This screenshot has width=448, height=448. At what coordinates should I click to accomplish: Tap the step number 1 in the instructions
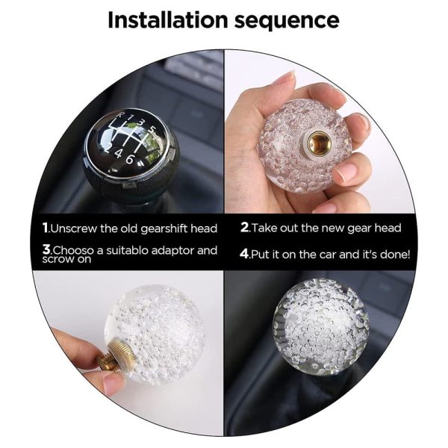[x=46, y=228]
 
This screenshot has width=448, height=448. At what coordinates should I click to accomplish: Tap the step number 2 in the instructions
[x=244, y=228]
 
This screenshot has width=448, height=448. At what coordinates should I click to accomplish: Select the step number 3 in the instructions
[x=46, y=250]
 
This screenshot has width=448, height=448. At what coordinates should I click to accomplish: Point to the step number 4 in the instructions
[x=244, y=254]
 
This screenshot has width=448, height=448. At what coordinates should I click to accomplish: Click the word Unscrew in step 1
[x=75, y=228]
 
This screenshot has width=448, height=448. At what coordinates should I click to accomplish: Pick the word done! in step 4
[x=393, y=254]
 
